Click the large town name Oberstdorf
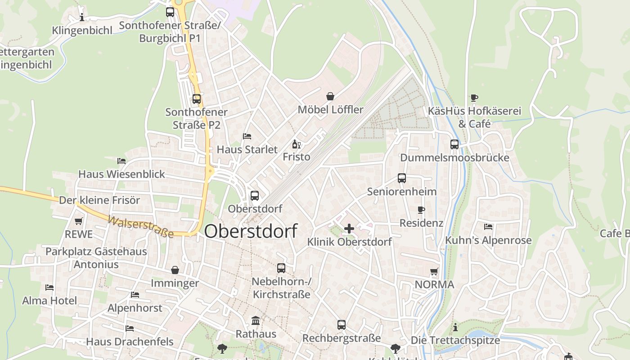251,231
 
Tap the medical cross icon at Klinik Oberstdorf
349,229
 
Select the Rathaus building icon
256,321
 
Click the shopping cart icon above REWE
79,221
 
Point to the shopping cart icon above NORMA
434,271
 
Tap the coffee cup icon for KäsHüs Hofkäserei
474,98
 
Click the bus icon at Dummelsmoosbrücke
454,144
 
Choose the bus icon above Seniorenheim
402,178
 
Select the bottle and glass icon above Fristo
296,144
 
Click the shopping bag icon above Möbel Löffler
330,96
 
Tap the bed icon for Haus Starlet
247,136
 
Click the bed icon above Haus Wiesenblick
121,161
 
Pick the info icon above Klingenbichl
82,18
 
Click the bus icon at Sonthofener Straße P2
197,99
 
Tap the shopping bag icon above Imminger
175,270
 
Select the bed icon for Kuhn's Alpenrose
488,227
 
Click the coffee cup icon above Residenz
421,210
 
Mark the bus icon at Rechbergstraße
342,325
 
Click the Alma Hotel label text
49,301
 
